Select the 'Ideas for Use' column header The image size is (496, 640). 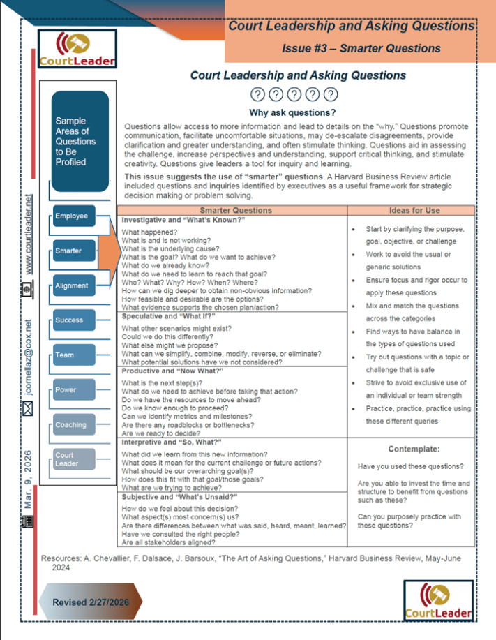point(412,210)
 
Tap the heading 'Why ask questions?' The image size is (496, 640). point(292,112)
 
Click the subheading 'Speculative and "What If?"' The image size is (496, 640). point(167,317)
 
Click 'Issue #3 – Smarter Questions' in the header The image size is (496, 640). point(361,48)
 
